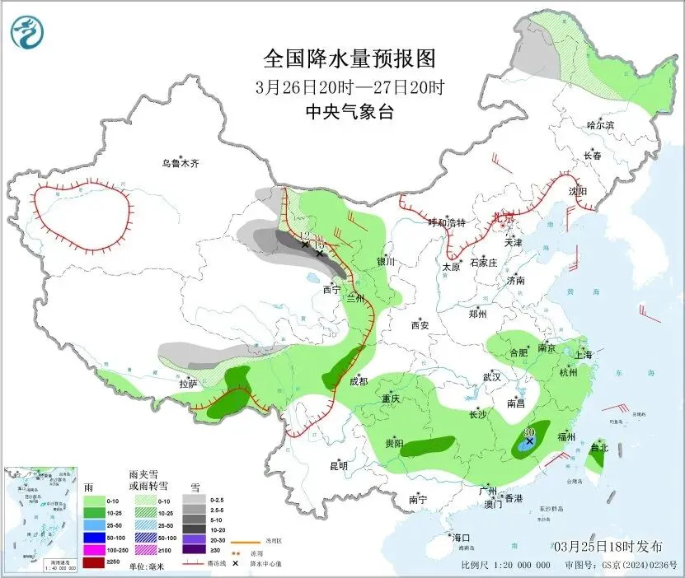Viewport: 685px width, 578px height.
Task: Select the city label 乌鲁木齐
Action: [181, 164]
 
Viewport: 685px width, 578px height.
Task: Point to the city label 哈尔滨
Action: [600, 125]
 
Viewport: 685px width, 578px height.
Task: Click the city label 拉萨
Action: [188, 383]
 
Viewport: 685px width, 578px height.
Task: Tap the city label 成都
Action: [359, 381]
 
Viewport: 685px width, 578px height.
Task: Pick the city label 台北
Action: [599, 448]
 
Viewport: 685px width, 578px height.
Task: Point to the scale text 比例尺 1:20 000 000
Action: [506, 565]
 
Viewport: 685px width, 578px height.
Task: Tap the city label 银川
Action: [386, 262]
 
